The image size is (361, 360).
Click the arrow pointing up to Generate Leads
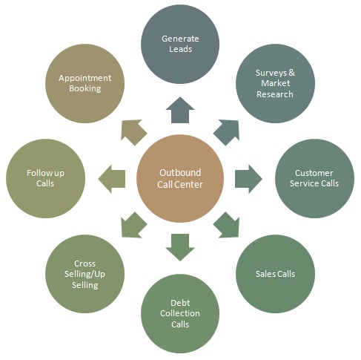click(180, 110)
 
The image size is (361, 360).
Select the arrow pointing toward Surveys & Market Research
click(227, 132)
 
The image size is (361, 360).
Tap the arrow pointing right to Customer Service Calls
click(248, 179)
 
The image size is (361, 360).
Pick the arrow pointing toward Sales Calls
click(227, 225)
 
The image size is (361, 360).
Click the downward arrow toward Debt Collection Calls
click(180, 247)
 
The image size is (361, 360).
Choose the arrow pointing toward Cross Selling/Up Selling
click(133, 225)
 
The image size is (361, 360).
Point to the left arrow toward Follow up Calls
click(112, 179)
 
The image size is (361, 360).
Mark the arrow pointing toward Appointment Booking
click(133, 132)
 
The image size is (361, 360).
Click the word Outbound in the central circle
click(180, 173)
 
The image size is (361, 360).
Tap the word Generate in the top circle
click(180, 39)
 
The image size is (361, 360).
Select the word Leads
click(180, 49)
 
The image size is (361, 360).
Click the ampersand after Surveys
click(291, 73)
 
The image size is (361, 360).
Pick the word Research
click(275, 94)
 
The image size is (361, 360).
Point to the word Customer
click(314, 173)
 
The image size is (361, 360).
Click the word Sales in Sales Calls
click(265, 274)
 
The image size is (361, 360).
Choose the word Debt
click(180, 303)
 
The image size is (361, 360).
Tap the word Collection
click(180, 313)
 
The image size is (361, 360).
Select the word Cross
click(85, 264)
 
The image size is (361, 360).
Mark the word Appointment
click(85, 78)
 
